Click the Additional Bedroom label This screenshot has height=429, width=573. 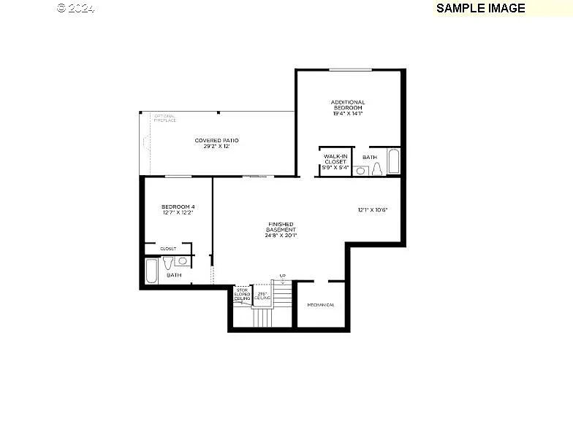[x=348, y=108]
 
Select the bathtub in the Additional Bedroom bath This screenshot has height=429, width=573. [x=394, y=161]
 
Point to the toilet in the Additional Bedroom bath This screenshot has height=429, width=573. [x=377, y=169]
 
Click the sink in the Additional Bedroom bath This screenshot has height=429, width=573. [x=360, y=170]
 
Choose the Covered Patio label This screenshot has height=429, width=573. [x=216, y=143]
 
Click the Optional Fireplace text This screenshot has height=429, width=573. [x=165, y=117]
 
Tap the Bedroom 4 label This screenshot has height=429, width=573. [x=178, y=210]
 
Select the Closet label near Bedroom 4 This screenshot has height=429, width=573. [x=168, y=248]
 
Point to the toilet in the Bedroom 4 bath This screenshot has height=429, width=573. [x=167, y=262]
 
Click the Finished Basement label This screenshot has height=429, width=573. [x=281, y=230]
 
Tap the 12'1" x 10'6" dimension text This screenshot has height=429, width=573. [x=373, y=210]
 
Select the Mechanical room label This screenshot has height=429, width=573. [x=321, y=305]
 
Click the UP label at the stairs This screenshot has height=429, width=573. [x=282, y=276]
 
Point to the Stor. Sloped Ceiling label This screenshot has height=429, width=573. [x=242, y=295]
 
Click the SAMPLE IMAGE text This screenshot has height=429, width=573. [x=480, y=8]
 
